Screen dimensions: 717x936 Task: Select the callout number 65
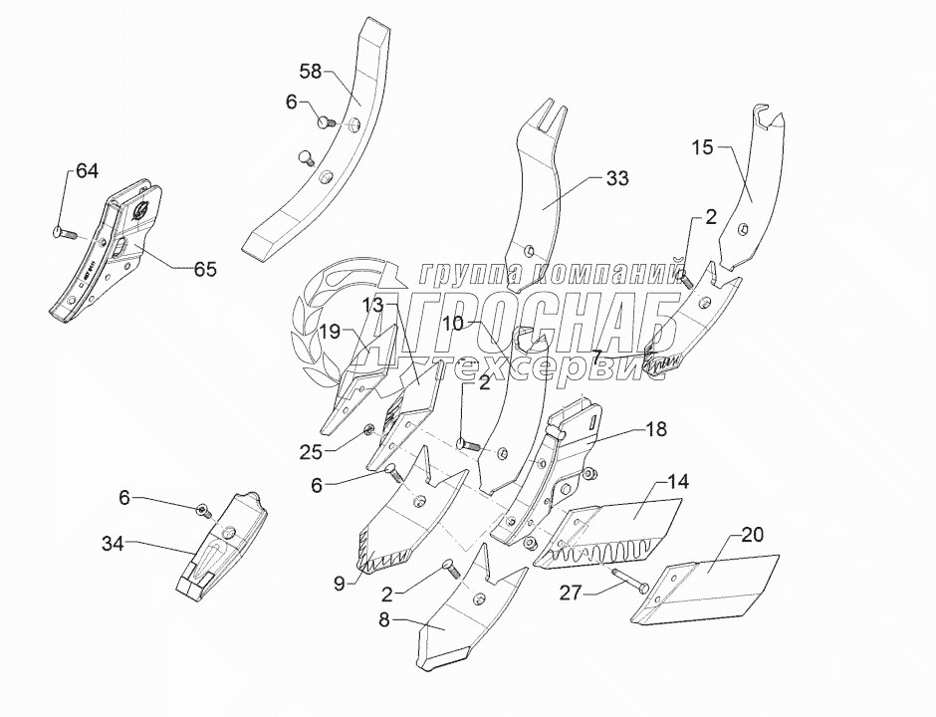coord(205,269)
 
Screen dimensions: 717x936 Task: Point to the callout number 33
coord(617,179)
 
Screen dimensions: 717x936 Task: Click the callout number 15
coord(703,147)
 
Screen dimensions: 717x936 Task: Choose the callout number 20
coord(752,536)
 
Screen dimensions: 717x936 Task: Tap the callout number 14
coord(678,482)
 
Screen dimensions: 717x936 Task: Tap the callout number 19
coord(330,332)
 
